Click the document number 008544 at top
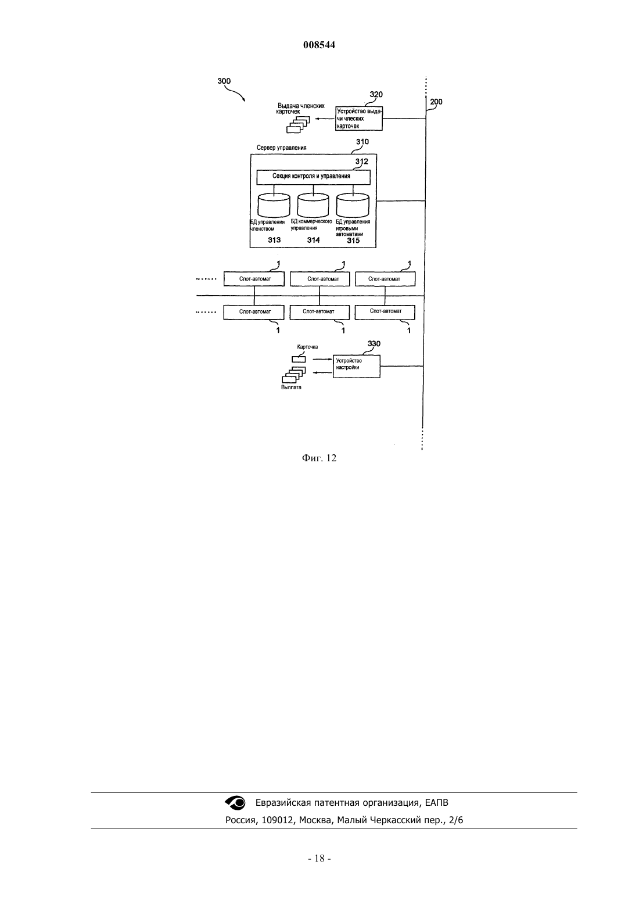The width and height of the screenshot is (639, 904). (319, 45)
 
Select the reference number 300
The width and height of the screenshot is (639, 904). (224, 81)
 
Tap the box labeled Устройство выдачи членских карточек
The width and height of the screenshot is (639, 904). (359, 119)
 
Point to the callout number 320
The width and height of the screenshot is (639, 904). (376, 95)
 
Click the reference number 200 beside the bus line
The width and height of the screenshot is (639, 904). (436, 102)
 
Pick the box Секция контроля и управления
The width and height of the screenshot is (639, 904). (314, 177)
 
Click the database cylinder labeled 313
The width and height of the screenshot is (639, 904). (274, 206)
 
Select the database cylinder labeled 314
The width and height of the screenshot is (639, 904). (314, 206)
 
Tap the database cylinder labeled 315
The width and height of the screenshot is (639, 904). (353, 206)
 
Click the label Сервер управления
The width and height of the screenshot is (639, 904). (282, 148)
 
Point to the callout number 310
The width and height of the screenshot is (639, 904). (362, 142)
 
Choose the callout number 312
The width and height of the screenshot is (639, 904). (361, 162)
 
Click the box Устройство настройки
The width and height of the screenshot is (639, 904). (357, 367)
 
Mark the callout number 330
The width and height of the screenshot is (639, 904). (374, 343)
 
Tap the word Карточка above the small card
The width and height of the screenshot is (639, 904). (307, 347)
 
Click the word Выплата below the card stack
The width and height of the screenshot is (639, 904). (291, 388)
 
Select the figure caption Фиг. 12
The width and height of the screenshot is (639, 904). (319, 458)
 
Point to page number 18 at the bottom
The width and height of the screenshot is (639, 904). (319, 859)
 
